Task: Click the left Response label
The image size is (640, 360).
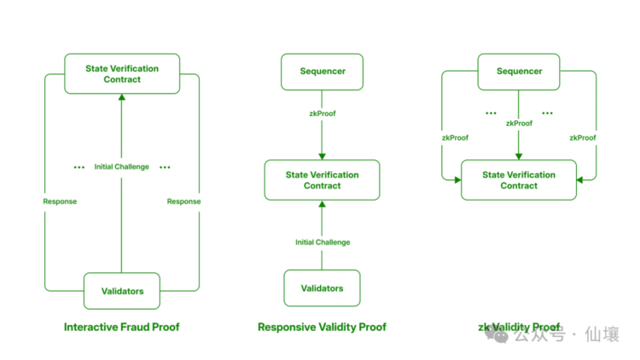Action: [60, 201]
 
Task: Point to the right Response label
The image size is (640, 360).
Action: [183, 201]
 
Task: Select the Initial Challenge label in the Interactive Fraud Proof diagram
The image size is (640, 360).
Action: [122, 166]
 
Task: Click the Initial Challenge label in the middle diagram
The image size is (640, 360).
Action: [323, 242]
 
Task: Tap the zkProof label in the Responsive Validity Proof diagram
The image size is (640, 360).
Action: [323, 113]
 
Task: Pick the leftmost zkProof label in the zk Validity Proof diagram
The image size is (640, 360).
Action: [455, 138]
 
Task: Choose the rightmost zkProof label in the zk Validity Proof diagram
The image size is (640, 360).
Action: [583, 138]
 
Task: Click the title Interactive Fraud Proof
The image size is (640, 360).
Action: [122, 327]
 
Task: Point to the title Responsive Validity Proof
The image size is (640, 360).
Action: [322, 327]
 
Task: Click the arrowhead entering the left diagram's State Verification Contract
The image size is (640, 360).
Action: [122, 97]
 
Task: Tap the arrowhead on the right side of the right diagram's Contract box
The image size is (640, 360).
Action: [579, 180]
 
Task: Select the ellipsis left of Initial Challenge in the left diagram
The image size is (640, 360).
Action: [79, 167]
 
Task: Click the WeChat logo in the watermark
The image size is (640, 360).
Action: [497, 334]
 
